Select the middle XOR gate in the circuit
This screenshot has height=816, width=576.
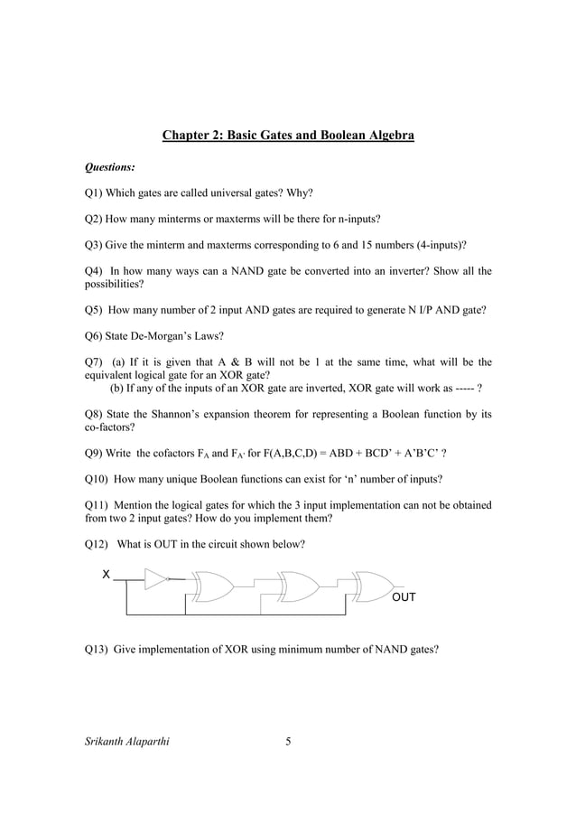297,586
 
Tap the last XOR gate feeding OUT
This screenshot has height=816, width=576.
372,586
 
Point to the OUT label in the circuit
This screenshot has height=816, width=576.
404,598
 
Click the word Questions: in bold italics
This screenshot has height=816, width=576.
110,167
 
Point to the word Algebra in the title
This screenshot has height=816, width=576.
390,136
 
